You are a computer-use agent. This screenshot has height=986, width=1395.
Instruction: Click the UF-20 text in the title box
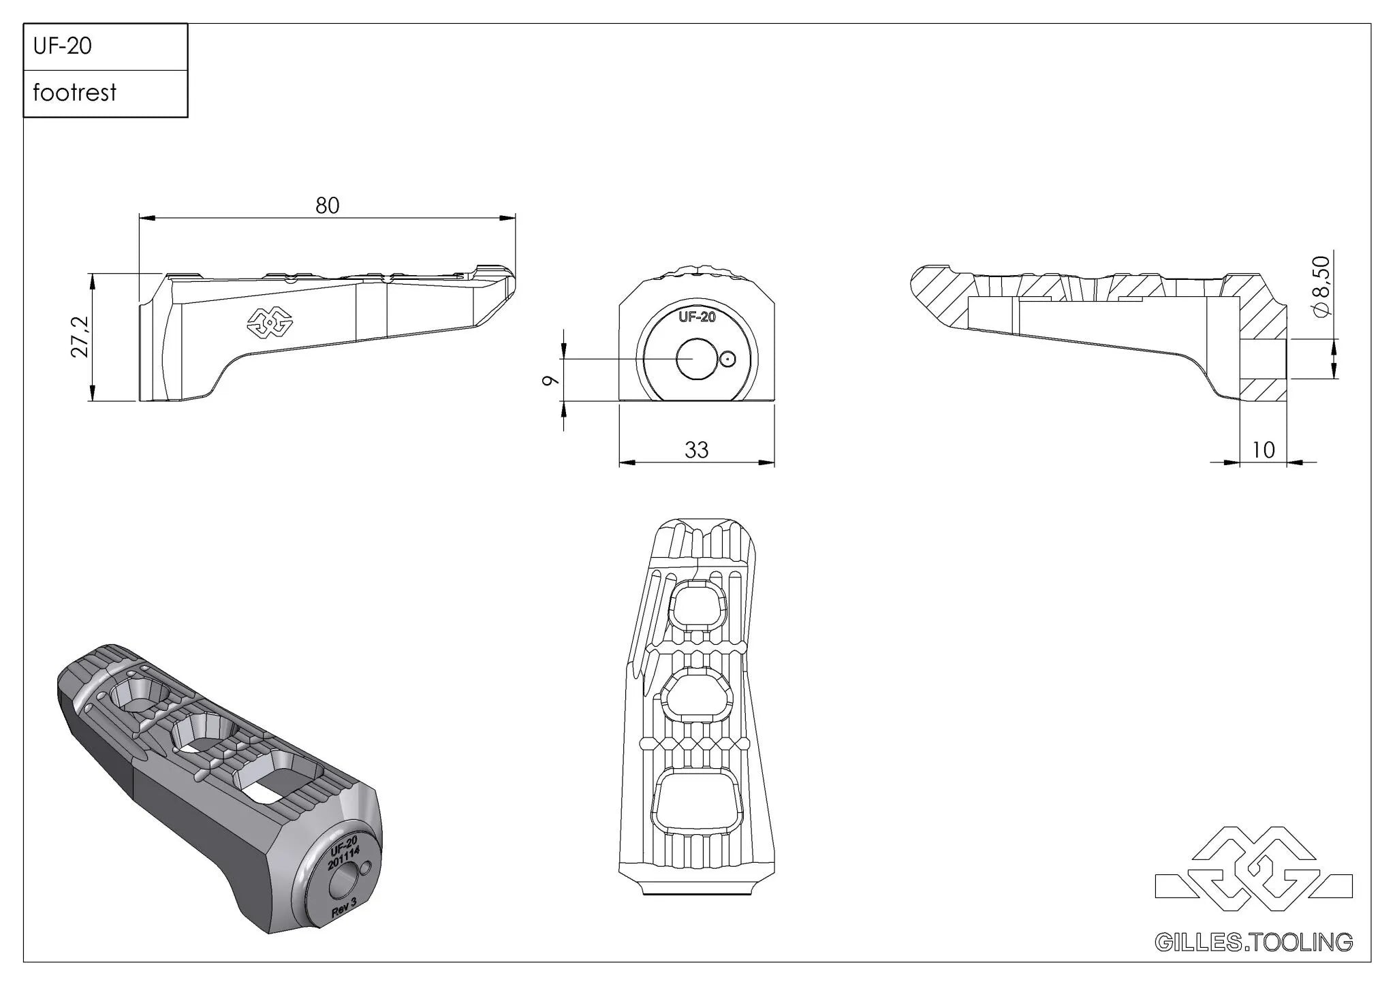coord(62,46)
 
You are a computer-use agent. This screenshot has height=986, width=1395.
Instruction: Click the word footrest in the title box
coord(75,93)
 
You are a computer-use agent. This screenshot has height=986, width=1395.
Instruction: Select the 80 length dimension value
coord(327,206)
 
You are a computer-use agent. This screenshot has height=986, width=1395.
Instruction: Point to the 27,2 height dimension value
coord(80,336)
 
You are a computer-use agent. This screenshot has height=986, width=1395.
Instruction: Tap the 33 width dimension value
coord(696,450)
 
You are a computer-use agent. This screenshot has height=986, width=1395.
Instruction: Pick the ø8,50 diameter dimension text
coord(1320,286)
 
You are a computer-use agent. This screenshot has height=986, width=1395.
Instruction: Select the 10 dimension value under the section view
coord(1263,450)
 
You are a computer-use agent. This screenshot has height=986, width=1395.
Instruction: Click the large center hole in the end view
coord(693,358)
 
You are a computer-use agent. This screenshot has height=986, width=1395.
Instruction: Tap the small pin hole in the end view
coord(728,359)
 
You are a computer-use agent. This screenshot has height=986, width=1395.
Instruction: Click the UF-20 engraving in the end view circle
coord(697,317)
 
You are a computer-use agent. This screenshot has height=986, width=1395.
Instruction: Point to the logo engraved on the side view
coord(269,322)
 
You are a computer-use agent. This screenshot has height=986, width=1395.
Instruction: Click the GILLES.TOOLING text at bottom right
coord(1253,942)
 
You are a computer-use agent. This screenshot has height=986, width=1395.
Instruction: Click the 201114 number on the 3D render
coord(343,859)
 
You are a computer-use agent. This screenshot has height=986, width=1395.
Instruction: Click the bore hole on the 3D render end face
coord(341,884)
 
